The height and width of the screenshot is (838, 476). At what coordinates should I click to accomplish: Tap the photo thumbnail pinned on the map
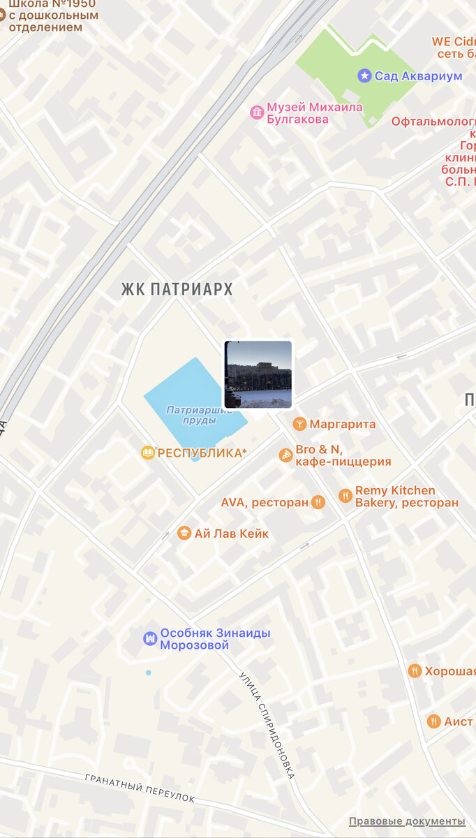pos(258,374)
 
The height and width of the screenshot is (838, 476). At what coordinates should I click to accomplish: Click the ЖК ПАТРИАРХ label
pos(177,289)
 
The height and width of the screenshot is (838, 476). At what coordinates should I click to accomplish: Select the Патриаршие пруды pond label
pos(199,415)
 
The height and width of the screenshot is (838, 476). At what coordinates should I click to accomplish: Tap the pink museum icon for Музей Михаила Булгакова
pos(257,112)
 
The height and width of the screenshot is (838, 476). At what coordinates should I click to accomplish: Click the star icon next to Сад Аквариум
pos(364,75)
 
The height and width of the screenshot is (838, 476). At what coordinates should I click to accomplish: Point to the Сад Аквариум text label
pos(418,76)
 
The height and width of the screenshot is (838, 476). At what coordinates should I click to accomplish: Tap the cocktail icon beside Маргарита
pos(299,424)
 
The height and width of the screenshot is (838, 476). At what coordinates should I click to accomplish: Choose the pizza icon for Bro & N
pos(285,455)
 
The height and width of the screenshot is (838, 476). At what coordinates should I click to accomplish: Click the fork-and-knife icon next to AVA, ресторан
pos(318,502)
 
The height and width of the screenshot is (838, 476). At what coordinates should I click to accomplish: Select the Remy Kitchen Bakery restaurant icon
pos(345,496)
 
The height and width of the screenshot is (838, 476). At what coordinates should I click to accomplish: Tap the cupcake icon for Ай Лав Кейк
pos(184,534)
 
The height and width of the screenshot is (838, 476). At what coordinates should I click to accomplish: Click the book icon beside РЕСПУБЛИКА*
pos(148,453)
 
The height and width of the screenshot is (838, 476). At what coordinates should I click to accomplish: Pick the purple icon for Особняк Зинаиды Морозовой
pos(150,638)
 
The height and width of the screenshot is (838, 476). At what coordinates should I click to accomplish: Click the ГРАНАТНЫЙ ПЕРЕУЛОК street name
pos(140,788)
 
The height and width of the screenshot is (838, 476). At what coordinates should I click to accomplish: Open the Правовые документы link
pos(407,821)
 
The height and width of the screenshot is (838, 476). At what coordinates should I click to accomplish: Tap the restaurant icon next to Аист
pos(433,721)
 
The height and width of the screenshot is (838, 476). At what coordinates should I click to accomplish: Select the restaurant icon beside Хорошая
pos(415,671)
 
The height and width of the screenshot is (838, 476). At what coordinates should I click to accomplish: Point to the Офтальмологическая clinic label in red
pos(433,122)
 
